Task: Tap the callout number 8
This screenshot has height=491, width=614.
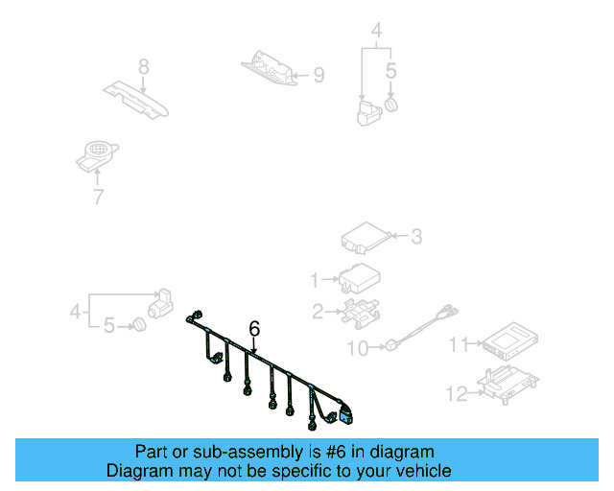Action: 143,67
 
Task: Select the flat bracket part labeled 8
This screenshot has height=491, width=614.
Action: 135,99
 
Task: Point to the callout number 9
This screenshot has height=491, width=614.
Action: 319,74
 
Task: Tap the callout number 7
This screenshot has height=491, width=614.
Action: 97,198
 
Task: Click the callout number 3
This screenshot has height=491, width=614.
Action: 415,235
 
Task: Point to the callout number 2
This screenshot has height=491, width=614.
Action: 317,310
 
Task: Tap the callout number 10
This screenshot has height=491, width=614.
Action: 356,349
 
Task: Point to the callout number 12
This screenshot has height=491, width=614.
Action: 457,391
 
